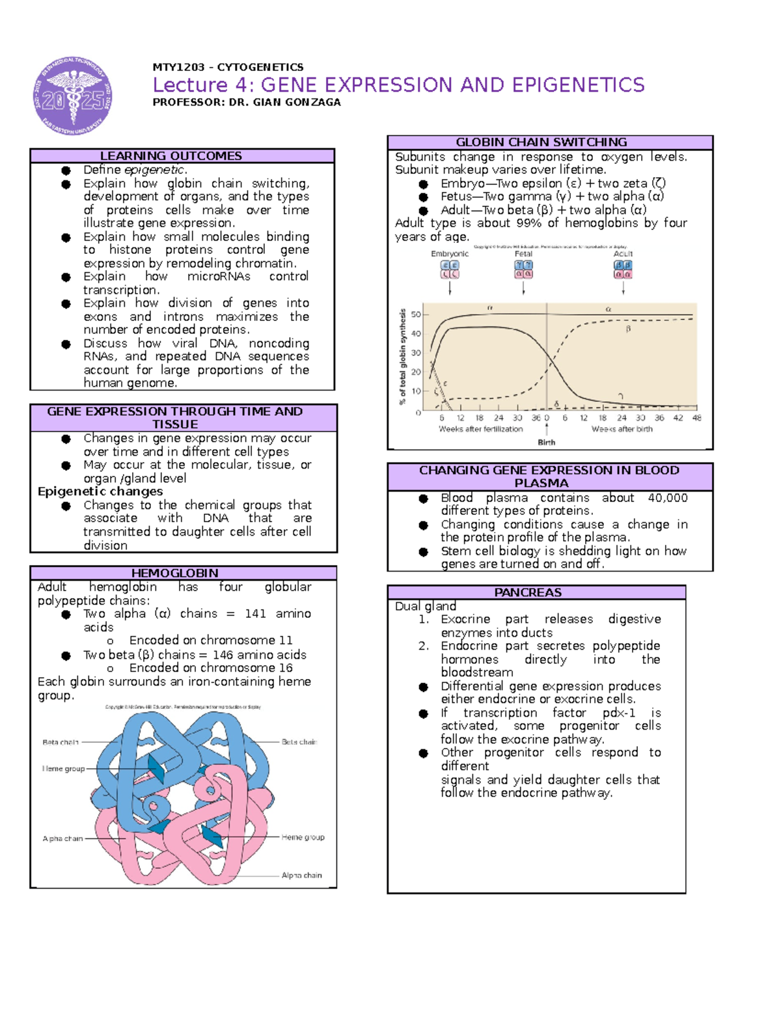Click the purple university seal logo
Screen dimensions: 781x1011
point(72,96)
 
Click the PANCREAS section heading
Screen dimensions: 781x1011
point(528,592)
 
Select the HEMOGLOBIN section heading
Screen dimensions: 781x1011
point(175,573)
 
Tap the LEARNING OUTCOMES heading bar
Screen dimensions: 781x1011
point(171,156)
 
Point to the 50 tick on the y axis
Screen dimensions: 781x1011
point(416,314)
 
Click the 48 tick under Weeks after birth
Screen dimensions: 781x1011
point(696,418)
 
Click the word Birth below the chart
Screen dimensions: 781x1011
point(547,443)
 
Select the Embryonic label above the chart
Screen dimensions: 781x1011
point(450,254)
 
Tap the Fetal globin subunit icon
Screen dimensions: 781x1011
point(523,270)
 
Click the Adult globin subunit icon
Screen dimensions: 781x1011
point(623,270)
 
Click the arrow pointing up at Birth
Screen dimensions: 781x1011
point(547,430)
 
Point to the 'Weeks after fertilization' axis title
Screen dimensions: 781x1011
point(481,429)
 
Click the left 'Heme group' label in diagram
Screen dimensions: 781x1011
point(64,769)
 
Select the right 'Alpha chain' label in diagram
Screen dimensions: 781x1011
point(301,876)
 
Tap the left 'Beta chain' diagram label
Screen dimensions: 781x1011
point(61,742)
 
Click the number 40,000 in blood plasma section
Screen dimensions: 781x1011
point(668,498)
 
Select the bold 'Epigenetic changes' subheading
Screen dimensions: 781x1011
point(100,492)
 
